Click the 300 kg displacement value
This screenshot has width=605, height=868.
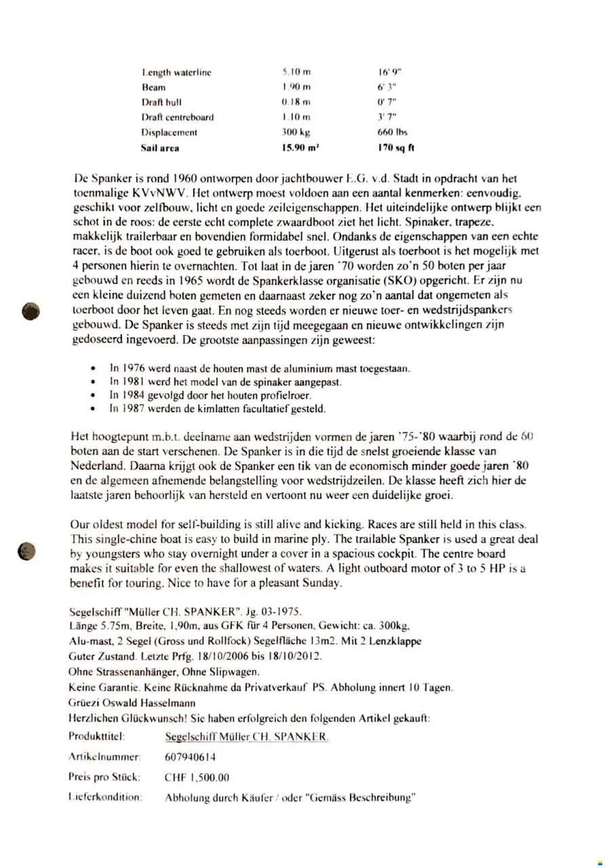(x=296, y=132)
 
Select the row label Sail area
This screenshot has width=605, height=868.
(x=160, y=147)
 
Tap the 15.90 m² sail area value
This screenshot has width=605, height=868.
(x=300, y=147)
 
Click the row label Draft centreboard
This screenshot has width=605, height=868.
(x=177, y=117)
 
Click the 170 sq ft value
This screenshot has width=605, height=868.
(x=395, y=147)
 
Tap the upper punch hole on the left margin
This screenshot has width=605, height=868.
(x=30, y=311)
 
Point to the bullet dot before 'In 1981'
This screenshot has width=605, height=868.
(x=93, y=382)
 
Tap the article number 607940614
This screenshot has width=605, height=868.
(x=191, y=757)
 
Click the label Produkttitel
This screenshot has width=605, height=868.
(x=98, y=736)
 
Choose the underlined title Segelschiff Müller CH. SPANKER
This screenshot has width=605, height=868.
(x=247, y=736)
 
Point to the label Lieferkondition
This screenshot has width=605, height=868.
(x=104, y=797)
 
